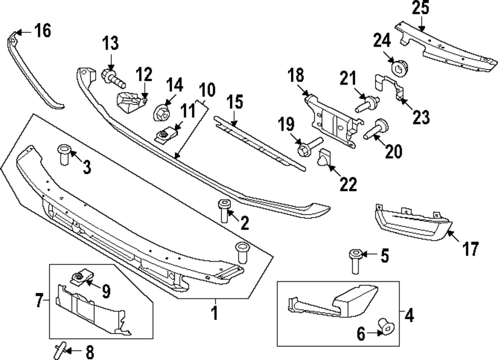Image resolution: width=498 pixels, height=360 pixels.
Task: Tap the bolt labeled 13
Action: (113, 77)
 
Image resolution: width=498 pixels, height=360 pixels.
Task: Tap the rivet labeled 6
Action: (386, 327)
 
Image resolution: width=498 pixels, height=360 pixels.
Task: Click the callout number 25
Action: (421, 9)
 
